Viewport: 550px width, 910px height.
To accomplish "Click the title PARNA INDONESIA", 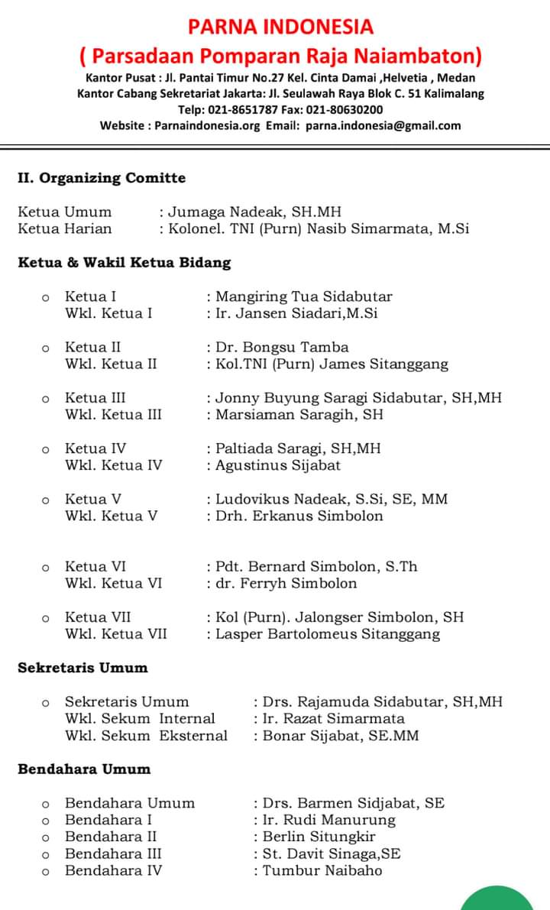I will pos(280,27).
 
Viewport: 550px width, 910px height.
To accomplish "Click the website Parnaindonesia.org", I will pos(208,125).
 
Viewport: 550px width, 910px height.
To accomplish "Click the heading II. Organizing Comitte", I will pos(102,178).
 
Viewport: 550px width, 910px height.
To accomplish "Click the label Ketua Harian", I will pos(65,228).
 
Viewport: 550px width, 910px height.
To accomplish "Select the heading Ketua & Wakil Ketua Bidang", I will pos(124,262).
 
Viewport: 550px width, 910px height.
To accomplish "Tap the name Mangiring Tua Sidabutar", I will pos(303,296).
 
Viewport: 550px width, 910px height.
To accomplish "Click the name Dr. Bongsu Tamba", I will pos(282,347).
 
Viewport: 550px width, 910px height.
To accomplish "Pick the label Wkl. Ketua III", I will pos(114,414).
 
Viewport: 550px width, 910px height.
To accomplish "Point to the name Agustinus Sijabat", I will pos(278,465).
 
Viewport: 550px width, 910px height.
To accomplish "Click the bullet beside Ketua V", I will pos(46,500).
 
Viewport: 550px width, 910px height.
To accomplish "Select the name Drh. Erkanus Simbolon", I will pos(299,515).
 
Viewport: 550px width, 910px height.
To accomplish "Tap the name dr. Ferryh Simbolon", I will pos(286,583).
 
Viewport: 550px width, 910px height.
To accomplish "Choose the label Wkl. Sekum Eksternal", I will pos(146,735).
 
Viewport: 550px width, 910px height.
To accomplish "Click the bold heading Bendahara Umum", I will pos(84,769).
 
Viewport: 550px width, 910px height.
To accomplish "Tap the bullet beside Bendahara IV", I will pos(46,871).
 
